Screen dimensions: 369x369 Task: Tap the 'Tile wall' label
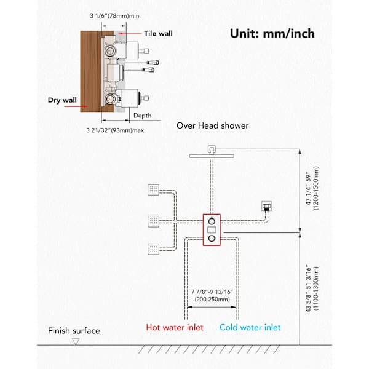(159, 34)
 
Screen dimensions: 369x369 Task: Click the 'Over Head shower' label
(212, 125)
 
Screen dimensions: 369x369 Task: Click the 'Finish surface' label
(74, 331)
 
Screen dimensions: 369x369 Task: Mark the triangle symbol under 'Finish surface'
(76, 341)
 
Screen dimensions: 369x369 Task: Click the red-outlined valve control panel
(212, 229)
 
